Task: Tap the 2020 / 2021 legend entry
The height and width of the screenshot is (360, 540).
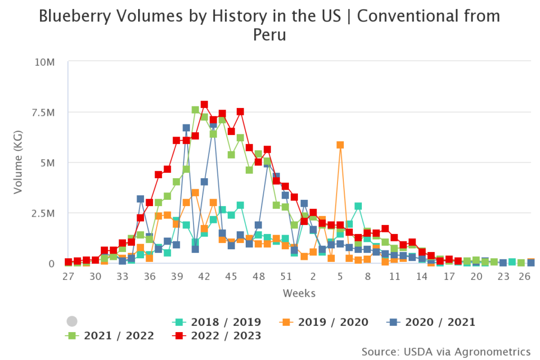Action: (x=440, y=322)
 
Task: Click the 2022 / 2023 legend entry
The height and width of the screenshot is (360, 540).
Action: (x=225, y=335)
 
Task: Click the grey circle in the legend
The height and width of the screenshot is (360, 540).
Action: (x=72, y=322)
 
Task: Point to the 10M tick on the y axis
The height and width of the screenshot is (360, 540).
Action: (x=45, y=63)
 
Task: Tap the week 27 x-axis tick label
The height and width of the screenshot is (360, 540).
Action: (x=67, y=277)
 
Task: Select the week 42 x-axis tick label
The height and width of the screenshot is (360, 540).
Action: (x=204, y=277)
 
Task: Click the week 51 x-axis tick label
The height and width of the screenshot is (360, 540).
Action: (x=286, y=277)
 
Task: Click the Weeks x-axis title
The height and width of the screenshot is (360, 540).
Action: (x=300, y=293)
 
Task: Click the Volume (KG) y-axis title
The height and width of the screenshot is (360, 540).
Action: (x=18, y=163)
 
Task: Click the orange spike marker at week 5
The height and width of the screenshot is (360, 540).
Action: (x=340, y=145)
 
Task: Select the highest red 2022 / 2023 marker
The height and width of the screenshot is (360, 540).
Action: (x=204, y=104)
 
